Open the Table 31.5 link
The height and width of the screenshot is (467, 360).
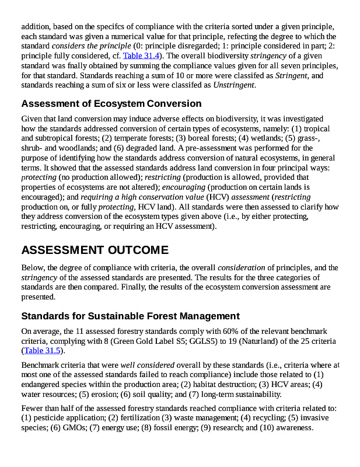pyautogui.click(x=42, y=351)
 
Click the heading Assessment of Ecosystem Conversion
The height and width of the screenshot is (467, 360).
pyautogui.click(x=111, y=104)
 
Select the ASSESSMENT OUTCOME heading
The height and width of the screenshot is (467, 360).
pyautogui.click(x=95, y=250)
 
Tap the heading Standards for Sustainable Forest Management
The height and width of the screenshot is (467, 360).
pyautogui.click(x=130, y=316)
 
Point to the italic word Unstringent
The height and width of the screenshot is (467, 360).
pyautogui.click(x=235, y=85)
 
